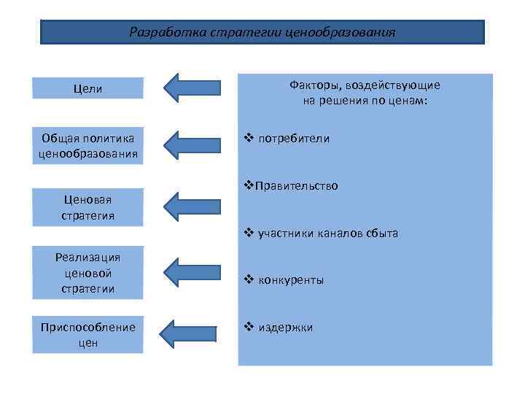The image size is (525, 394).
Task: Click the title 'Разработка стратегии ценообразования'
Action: pyautogui.click(x=262, y=32)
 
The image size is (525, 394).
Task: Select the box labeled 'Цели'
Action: pyautogui.click(x=88, y=88)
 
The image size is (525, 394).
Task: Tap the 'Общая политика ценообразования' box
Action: pyautogui.click(x=88, y=145)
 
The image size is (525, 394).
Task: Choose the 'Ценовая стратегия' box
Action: pyautogui.click(x=88, y=207)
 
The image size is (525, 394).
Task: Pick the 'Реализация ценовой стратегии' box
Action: pyautogui.click(x=88, y=273)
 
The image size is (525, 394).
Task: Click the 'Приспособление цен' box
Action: pyautogui.click(x=88, y=334)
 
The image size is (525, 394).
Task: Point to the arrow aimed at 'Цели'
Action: pyautogui.click(x=192, y=88)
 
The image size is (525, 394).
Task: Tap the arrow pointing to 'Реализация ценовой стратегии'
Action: pyautogui.click(x=192, y=273)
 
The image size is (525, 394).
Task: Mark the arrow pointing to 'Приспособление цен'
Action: pyautogui.click(x=192, y=333)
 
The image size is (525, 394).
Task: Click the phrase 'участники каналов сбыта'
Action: pyautogui.click(x=327, y=233)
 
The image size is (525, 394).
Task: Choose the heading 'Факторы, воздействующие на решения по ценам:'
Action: pyautogui.click(x=365, y=93)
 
